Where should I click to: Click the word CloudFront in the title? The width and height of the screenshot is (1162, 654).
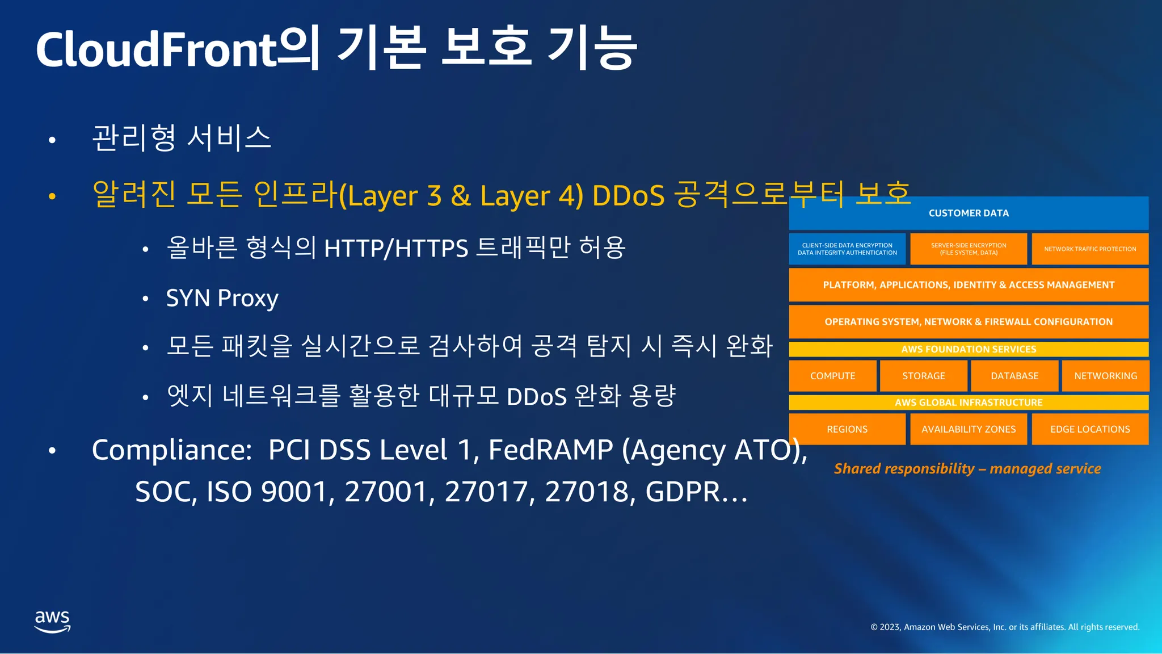pos(156,49)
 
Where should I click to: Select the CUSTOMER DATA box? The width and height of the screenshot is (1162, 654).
pos(969,213)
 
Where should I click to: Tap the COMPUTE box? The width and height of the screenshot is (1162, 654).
pos(832,376)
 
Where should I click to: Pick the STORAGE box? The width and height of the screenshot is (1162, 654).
pos(924,376)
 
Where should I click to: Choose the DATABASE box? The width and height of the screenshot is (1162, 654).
pos(1014,376)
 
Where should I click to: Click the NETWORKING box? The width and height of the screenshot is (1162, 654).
pos(1106,376)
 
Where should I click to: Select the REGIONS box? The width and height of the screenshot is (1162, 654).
pos(847,429)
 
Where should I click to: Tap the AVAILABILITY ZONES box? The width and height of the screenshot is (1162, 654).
pos(969,429)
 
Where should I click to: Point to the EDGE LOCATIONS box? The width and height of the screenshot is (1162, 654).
pos(1090,429)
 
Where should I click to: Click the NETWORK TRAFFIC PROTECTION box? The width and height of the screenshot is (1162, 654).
pos(1090,249)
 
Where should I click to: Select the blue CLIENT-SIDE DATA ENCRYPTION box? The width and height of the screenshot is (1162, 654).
pos(847,249)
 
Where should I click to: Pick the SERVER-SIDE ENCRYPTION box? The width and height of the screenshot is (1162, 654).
pos(969,249)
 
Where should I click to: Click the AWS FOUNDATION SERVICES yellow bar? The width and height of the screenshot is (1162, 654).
pos(969,349)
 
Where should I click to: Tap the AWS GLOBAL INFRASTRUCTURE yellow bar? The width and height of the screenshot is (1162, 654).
pos(969,403)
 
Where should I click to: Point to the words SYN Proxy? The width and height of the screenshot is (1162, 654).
pos(222,299)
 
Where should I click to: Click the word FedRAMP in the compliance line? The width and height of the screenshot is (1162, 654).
pos(550,450)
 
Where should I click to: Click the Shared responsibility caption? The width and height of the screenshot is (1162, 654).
pos(967,468)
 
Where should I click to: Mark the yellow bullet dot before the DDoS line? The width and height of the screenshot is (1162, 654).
pos(52,196)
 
